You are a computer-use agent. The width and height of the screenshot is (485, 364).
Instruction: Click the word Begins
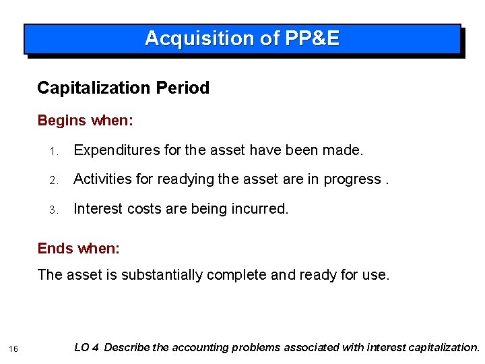61,121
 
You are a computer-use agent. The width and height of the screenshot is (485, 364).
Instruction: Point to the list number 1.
59,150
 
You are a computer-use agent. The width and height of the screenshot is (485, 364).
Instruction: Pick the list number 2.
59,180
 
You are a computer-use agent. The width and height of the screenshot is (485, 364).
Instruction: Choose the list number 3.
59,210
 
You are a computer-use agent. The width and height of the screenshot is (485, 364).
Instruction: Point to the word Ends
55,248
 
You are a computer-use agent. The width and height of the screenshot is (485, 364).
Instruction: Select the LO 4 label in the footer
87,347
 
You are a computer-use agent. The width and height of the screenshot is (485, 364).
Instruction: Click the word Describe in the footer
127,347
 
